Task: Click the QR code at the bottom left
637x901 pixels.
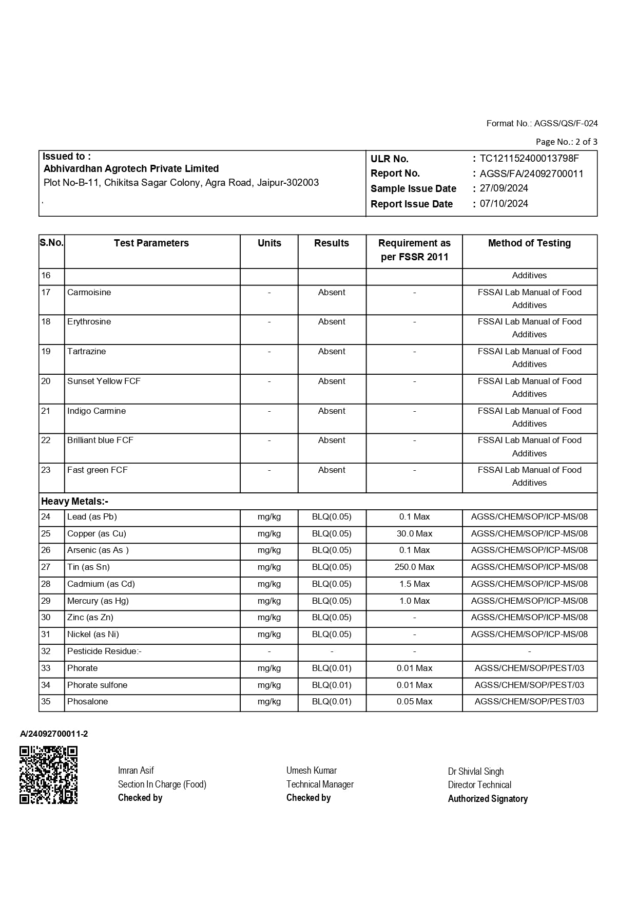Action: coord(49,775)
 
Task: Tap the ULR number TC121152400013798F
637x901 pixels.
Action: coord(529,159)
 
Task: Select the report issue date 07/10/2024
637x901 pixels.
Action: coord(504,204)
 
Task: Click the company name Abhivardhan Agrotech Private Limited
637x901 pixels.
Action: coord(131,169)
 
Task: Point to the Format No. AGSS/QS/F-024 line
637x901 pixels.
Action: coord(542,123)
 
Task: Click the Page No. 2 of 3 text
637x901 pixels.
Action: coord(566,142)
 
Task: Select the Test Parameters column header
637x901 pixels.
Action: coord(151,243)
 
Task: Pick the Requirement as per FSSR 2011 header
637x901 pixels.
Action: coord(414,250)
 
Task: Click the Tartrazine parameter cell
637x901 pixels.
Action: coord(87,352)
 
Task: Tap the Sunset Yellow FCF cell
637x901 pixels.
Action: coord(104,381)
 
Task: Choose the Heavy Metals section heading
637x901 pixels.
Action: coord(75,502)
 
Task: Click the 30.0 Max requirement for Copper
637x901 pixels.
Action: coord(414,534)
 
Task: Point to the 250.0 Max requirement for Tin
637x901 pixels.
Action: coord(414,567)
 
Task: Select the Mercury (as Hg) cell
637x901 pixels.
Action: coord(98,601)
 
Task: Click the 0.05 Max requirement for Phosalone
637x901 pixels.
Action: coord(414,702)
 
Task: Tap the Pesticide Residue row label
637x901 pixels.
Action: coord(104,651)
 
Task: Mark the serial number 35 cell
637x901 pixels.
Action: coord(46,702)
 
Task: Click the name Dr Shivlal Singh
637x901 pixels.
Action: coord(475,772)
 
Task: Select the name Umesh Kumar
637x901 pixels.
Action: coord(312,771)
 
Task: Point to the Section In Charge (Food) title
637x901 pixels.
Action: coord(162,784)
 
